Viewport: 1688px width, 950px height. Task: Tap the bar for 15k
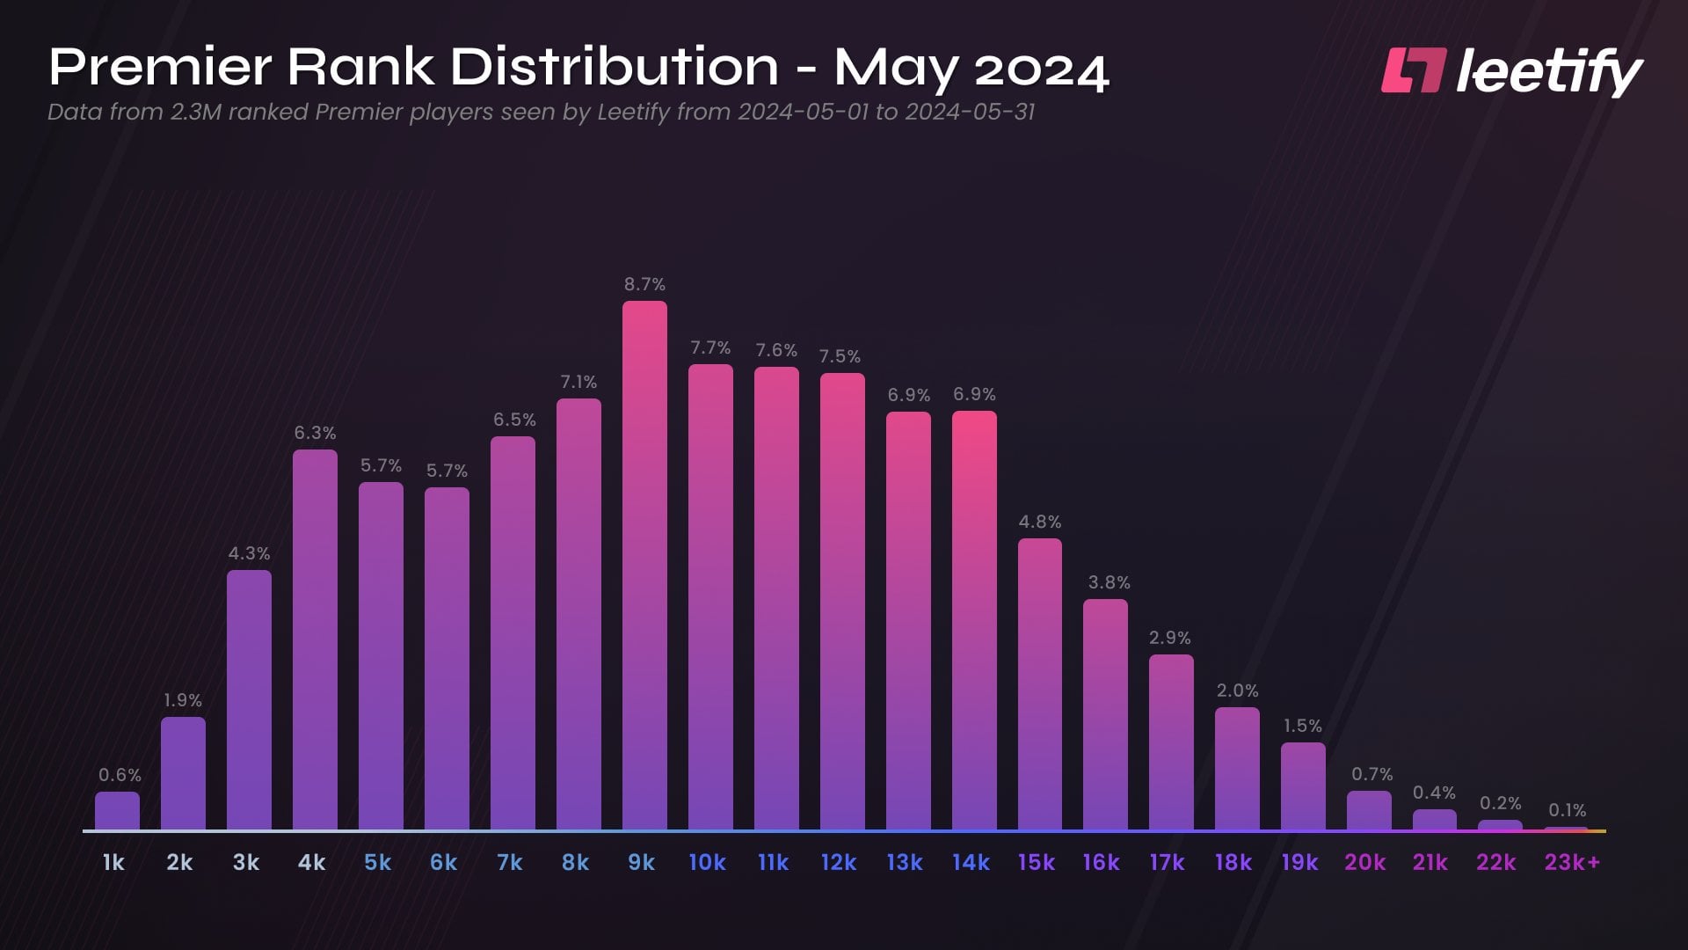coord(1040,683)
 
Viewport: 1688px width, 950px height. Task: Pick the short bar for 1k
coord(117,810)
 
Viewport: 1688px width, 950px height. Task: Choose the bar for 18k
coord(1237,768)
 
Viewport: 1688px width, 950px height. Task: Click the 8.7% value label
coord(644,284)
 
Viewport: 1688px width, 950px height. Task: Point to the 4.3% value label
coord(249,553)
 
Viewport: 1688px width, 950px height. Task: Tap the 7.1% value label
coord(578,382)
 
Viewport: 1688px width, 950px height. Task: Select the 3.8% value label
coord(1109,582)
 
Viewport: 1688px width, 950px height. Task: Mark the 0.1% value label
coord(1567,810)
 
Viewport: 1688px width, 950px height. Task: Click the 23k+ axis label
coord(1572,863)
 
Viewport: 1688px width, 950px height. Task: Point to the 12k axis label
coord(839,863)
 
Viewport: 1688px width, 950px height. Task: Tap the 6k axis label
coord(443,863)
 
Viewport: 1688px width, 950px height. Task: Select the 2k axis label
coord(179,863)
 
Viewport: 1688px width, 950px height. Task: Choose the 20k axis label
coord(1364,863)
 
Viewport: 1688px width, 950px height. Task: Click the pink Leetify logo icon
coord(1413,70)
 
